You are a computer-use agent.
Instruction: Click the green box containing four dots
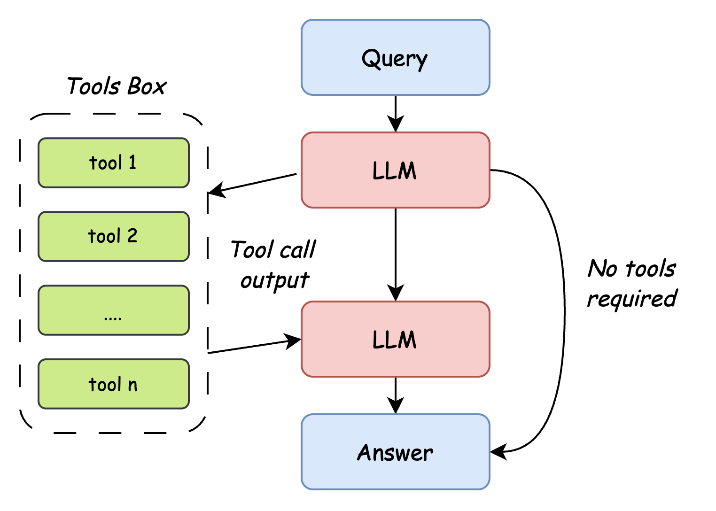(113, 310)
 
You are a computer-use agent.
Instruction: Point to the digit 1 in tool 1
(132, 163)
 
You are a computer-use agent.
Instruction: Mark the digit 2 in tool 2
(132, 236)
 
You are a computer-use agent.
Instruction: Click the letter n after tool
(132, 385)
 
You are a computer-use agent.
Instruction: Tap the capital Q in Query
(371, 59)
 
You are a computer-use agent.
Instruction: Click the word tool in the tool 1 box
(106, 163)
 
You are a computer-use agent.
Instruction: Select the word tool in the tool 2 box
(105, 236)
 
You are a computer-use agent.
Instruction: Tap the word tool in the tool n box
(105, 385)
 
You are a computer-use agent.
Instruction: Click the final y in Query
(421, 61)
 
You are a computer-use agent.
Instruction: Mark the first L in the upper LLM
(377, 170)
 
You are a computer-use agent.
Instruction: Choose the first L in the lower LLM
(377, 340)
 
